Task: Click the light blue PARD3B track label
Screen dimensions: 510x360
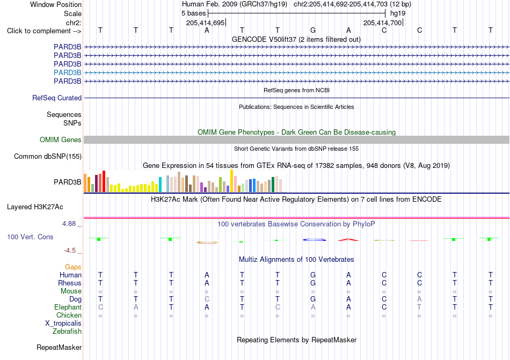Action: (67, 72)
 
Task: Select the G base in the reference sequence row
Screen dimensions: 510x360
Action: (313, 31)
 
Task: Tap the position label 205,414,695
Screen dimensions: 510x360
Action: (205, 23)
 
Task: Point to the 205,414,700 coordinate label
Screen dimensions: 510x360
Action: (382, 23)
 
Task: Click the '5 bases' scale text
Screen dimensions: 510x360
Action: (193, 13)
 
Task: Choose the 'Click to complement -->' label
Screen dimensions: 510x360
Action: (44, 31)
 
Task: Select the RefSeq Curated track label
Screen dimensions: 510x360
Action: (57, 98)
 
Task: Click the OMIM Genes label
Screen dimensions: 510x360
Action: (61, 139)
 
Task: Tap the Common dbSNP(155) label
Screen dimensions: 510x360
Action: (48, 156)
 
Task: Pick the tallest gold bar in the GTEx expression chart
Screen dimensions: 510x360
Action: (231, 181)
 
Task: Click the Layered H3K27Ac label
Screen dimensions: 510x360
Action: (35, 207)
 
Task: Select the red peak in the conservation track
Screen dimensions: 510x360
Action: (348, 240)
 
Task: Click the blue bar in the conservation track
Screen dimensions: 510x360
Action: (314, 240)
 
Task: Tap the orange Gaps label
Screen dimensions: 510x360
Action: (73, 267)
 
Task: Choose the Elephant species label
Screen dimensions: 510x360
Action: (68, 307)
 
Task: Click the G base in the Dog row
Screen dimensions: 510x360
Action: (313, 299)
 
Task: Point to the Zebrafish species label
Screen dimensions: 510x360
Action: (67, 332)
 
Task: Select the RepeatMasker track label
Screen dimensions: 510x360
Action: (59, 347)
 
